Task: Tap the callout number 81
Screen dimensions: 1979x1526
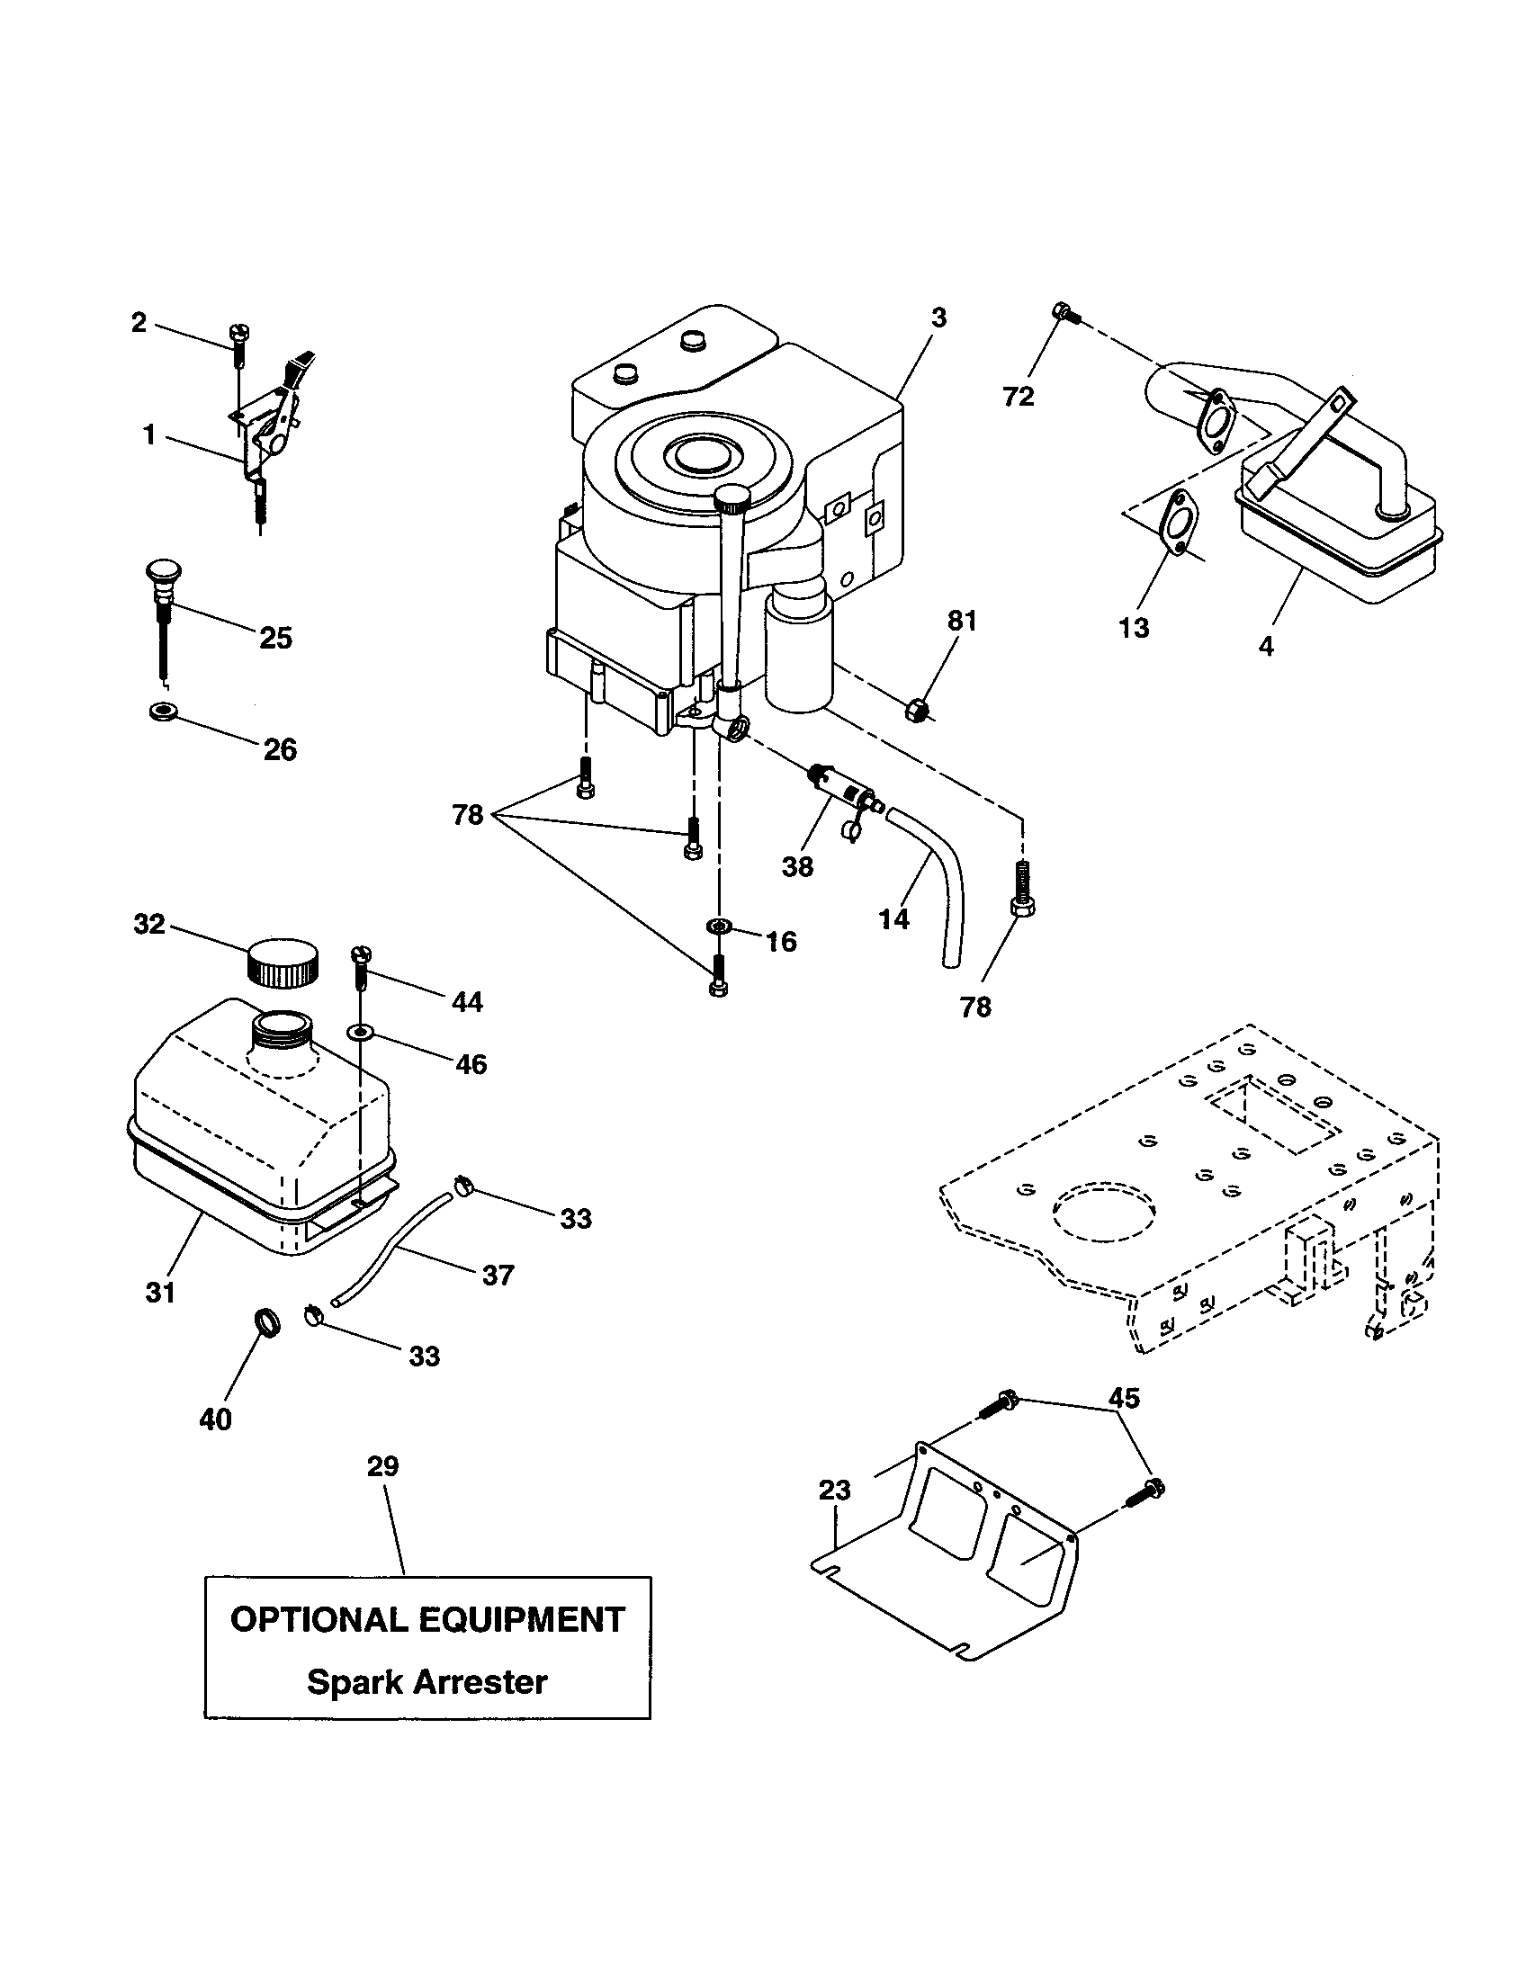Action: [x=962, y=621]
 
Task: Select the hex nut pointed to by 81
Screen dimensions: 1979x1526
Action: [x=916, y=710]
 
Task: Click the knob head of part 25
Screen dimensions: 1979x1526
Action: [x=163, y=572]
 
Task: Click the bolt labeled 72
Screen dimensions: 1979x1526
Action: [x=1064, y=314]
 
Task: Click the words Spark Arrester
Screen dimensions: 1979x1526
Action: [x=426, y=1682]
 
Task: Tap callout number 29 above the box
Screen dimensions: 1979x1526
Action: [x=382, y=1466]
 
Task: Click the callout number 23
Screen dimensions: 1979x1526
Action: [x=835, y=1490]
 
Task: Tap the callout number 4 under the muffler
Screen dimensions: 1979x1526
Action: [x=1266, y=646]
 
